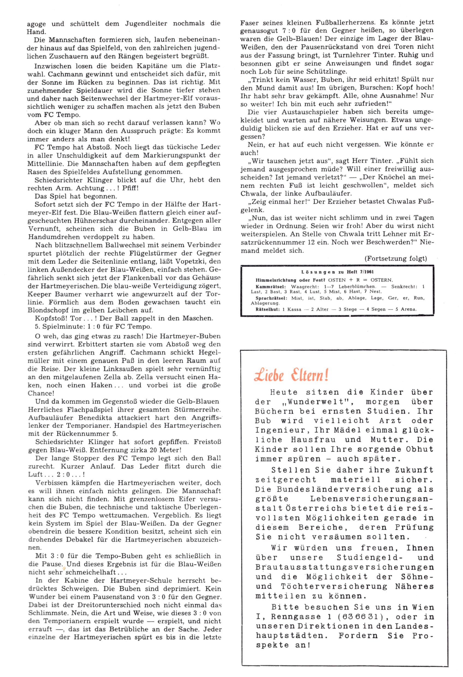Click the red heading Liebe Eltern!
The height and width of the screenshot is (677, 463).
pyautogui.click(x=291, y=375)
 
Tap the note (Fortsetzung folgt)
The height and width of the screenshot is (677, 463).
pyautogui.click(x=395, y=259)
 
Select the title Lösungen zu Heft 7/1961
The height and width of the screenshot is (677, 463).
pyautogui.click(x=337, y=272)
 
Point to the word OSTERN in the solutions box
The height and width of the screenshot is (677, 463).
pyautogui.click(x=381, y=280)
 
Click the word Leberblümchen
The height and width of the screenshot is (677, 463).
pyautogui.click(x=357, y=286)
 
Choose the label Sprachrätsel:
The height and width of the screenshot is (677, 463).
pyautogui.click(x=271, y=298)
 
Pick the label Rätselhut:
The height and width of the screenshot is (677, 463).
pyautogui.click(x=268, y=309)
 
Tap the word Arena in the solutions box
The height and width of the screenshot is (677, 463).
pyautogui.click(x=408, y=309)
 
